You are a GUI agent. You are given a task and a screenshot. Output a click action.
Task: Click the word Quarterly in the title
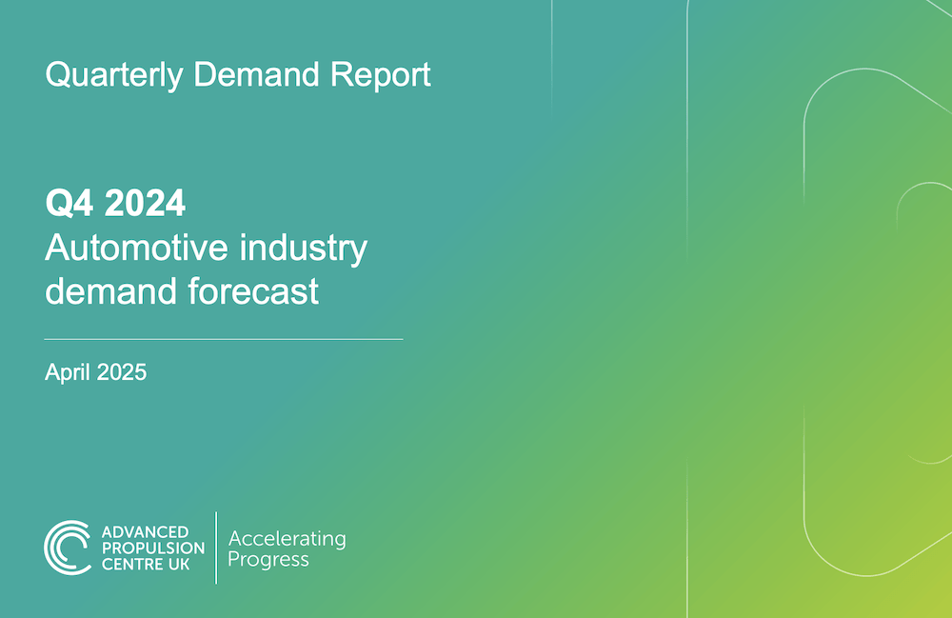[114, 75]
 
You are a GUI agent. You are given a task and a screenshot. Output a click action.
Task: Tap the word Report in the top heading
[381, 74]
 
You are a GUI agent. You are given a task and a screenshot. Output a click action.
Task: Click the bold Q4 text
[69, 203]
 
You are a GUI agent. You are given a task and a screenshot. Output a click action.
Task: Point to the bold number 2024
[145, 203]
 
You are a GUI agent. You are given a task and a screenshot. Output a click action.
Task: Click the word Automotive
[136, 248]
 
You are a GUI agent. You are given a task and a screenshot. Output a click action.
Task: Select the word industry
[304, 249]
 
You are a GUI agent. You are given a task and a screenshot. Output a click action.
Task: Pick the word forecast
[253, 290]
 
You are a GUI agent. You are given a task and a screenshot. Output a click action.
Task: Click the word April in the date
[68, 372]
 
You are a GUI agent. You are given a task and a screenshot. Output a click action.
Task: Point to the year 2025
[122, 372]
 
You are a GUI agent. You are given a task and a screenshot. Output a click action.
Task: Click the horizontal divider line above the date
[224, 339]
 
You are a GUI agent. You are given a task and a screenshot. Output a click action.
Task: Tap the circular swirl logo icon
[68, 548]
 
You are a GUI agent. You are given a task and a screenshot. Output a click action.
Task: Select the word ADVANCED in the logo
[145, 532]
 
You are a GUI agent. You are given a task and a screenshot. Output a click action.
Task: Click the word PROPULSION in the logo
[153, 548]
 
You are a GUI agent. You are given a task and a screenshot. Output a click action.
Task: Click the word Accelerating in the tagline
[288, 539]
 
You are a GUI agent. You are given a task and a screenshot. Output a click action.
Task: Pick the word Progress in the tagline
[268, 560]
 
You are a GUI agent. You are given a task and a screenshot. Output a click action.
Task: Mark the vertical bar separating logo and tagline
[216, 548]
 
